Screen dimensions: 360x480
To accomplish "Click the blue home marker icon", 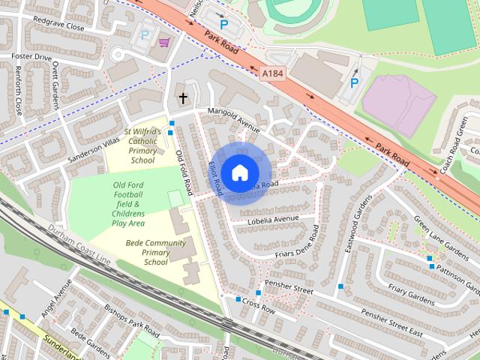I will tap(239, 172).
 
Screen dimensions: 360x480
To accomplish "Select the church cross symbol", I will tap(182, 98).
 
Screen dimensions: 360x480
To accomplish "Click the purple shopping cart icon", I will tap(163, 42).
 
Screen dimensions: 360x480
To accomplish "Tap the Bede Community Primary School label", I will tap(155, 252).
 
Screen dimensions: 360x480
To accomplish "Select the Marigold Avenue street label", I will tap(233, 119).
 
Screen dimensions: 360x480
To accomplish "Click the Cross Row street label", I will tap(259, 307).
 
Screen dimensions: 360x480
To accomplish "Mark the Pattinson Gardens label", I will tap(454, 274).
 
